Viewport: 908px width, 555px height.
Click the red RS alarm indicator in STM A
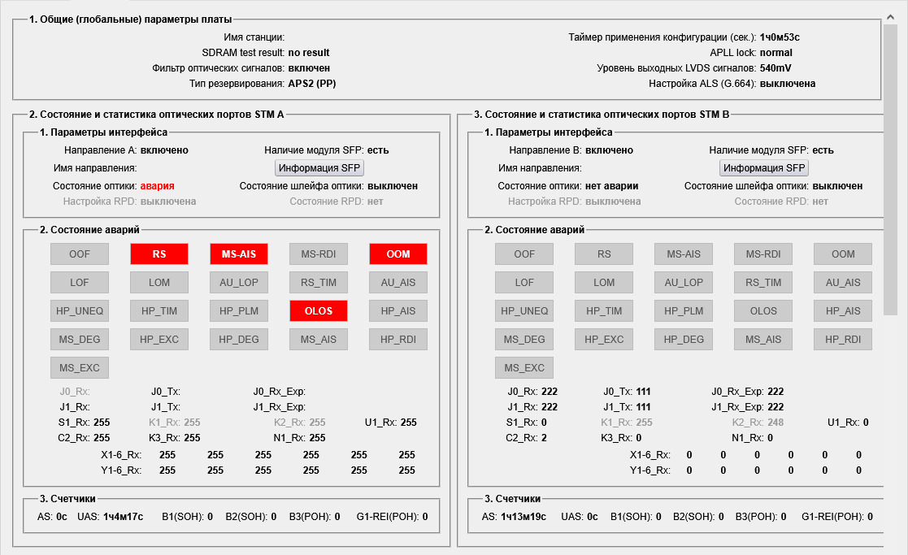159,254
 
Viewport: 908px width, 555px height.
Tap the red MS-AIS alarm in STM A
238,254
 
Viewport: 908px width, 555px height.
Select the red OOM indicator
398,254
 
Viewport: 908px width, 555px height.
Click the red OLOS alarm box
318,310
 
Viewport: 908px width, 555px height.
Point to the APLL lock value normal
775,52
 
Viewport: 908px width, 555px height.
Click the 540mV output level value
775,67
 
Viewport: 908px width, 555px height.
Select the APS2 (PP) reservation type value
312,83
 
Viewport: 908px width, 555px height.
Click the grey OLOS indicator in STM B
763,310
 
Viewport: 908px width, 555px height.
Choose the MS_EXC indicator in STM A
79,367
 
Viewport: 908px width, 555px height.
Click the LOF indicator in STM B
524,282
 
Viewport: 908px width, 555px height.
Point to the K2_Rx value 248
777,423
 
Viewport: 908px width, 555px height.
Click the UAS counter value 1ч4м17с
123,516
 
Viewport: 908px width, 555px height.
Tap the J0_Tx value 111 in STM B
643,392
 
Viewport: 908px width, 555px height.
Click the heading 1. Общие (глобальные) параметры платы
130,20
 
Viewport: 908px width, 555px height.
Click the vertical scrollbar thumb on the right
891,163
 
